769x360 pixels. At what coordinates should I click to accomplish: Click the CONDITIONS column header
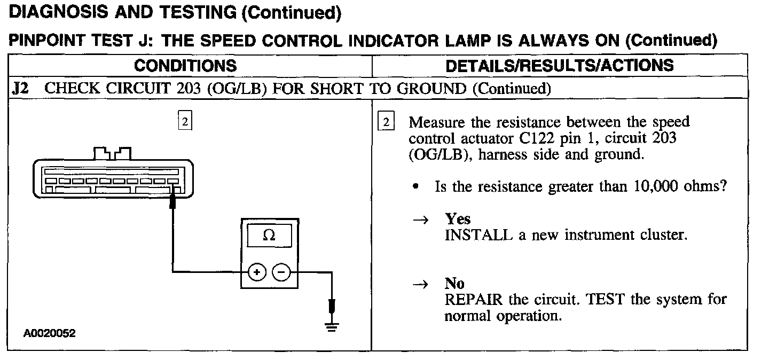point(185,66)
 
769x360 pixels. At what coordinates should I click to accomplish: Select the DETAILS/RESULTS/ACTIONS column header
point(559,66)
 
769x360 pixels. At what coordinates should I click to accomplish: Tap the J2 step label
point(20,88)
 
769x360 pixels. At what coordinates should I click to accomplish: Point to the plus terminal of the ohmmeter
point(257,272)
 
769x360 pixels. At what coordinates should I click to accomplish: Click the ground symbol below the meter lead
point(332,327)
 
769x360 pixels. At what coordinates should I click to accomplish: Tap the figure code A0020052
point(49,334)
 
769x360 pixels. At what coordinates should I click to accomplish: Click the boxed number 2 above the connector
point(184,121)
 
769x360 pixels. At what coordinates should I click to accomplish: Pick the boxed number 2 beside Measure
point(386,122)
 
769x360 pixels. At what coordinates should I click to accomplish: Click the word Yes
point(458,220)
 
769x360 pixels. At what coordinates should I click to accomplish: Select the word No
point(454,284)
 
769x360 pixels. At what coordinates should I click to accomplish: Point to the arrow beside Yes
point(423,220)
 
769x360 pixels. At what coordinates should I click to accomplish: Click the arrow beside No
point(423,284)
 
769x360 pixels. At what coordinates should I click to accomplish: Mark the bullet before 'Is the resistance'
point(415,187)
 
